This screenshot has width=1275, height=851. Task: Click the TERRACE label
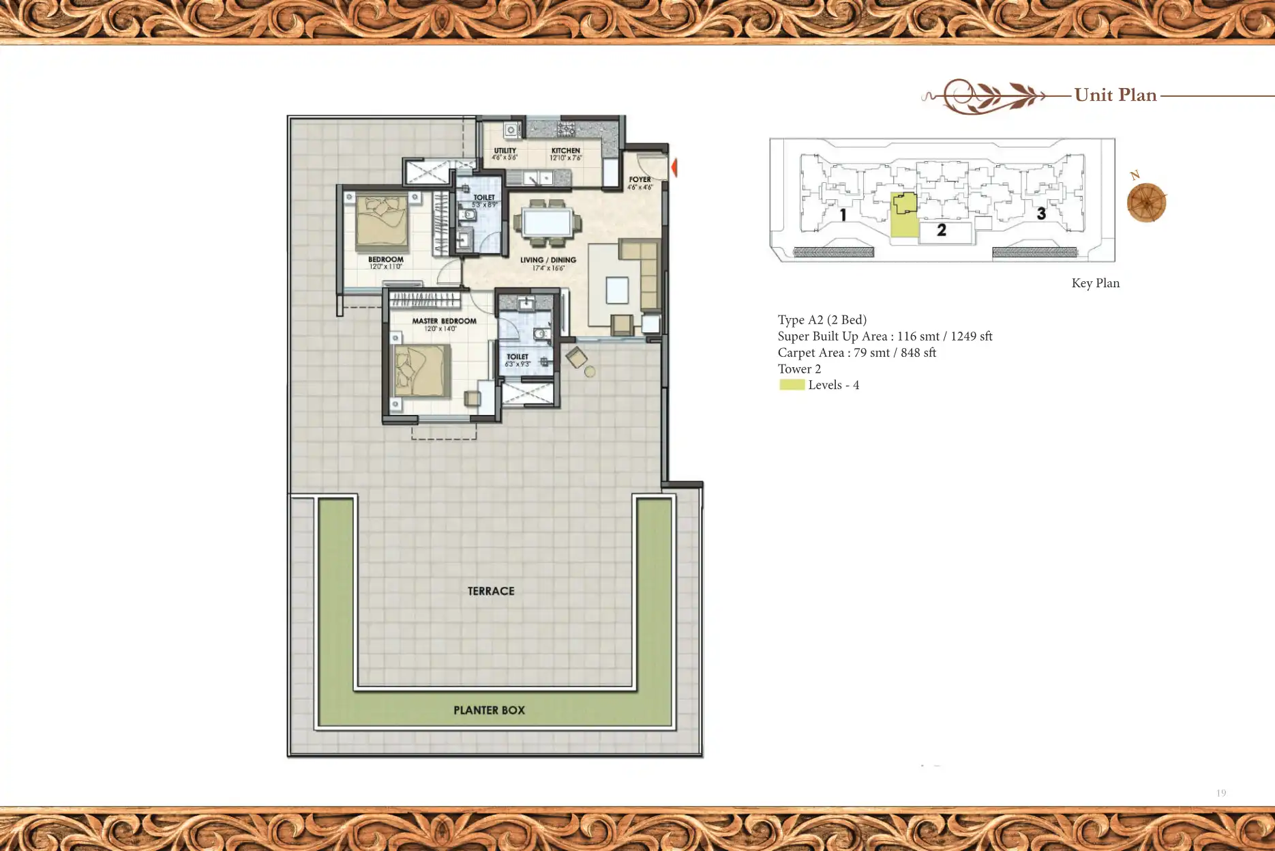[x=491, y=591]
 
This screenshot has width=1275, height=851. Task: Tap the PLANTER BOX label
[x=489, y=710]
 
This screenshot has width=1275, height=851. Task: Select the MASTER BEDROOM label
[x=444, y=321]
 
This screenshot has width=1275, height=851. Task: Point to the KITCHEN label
[x=566, y=151]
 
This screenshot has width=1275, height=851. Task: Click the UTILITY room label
[x=505, y=151]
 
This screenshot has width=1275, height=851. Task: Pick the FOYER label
[x=640, y=179]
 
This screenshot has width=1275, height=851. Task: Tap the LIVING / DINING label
[x=548, y=260]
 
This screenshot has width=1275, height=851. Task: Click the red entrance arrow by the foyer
[x=674, y=167]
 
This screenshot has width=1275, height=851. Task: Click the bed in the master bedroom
[x=421, y=371]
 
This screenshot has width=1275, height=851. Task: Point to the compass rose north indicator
[x=1146, y=202]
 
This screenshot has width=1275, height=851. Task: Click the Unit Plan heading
[x=1115, y=95]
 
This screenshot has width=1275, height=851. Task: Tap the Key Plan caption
[x=1095, y=283]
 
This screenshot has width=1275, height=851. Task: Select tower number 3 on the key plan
[x=1041, y=214]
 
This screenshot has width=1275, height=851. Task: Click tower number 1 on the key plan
[x=843, y=215]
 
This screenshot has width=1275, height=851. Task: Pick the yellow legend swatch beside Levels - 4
[x=792, y=385]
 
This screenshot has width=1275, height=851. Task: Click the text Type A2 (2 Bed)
[x=822, y=320]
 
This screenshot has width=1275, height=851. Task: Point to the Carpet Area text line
[x=856, y=353]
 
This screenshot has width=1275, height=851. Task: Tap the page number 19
[x=1220, y=793]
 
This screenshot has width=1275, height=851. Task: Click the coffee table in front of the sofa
[x=617, y=290]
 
